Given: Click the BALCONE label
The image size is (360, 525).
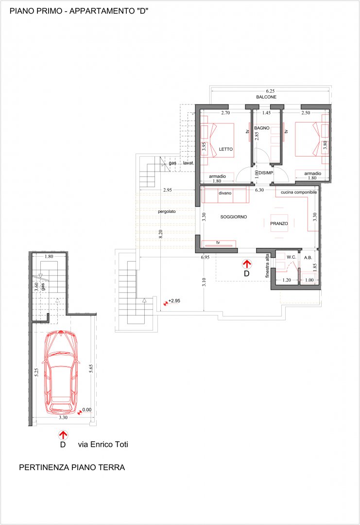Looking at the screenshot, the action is point(266,97).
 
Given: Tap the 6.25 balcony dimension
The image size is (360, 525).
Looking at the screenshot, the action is point(270,91).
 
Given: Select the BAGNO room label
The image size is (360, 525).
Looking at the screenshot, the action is point(262,128).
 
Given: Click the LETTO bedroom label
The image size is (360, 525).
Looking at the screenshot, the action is point(226,149).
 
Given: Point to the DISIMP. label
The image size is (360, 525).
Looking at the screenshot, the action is point(266,173).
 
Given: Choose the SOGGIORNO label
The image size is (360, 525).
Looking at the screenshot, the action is point(234,217).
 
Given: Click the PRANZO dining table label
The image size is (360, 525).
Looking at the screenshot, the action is point(279,223).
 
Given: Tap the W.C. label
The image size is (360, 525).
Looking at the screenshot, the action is point(291,257).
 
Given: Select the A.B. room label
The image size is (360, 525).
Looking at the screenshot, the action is point(308,258).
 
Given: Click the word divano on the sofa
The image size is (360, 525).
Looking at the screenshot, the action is point(225,193).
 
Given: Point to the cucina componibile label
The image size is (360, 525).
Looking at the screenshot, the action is point(299,192).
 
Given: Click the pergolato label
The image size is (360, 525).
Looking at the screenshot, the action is point(167,211).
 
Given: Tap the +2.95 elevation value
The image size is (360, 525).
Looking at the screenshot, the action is point(174,301).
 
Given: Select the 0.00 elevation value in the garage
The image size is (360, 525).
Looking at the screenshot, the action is point(86,409).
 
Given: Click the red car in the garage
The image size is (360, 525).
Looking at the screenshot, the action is point(61,372).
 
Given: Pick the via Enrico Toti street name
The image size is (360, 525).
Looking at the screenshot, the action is point(103,444).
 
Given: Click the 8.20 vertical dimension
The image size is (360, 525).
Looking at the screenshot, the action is point(161,234).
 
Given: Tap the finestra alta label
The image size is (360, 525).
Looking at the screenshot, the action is point(267,265).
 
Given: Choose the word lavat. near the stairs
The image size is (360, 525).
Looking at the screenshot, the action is point(189,163).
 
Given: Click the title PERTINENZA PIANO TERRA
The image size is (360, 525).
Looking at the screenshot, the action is point(72,468).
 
